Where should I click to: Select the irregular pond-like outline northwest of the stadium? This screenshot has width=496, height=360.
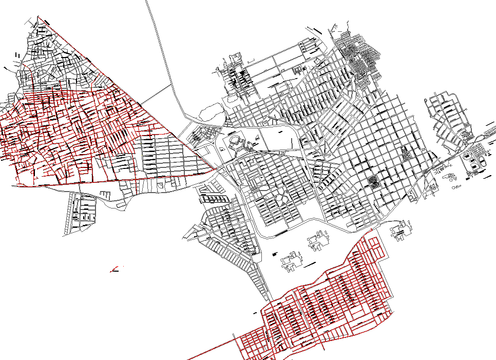click(211, 111)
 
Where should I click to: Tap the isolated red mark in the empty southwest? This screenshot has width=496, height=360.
click(116, 269)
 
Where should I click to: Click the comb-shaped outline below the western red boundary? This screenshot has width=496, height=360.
click(105, 194)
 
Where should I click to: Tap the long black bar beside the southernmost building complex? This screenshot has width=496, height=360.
click(310, 266)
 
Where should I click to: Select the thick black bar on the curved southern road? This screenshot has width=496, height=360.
click(281, 233)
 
